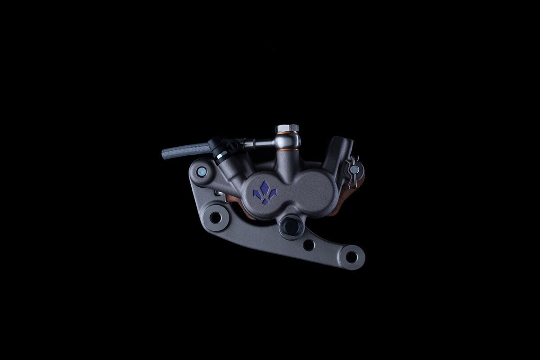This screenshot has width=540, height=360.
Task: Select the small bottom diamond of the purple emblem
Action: [265, 202]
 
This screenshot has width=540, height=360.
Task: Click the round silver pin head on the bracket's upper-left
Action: [201, 171]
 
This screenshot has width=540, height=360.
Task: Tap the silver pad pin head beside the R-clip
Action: [355, 170]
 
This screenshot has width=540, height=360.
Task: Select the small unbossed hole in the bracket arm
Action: [309, 245]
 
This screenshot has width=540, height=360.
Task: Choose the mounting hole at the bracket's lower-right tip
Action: [351, 257]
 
